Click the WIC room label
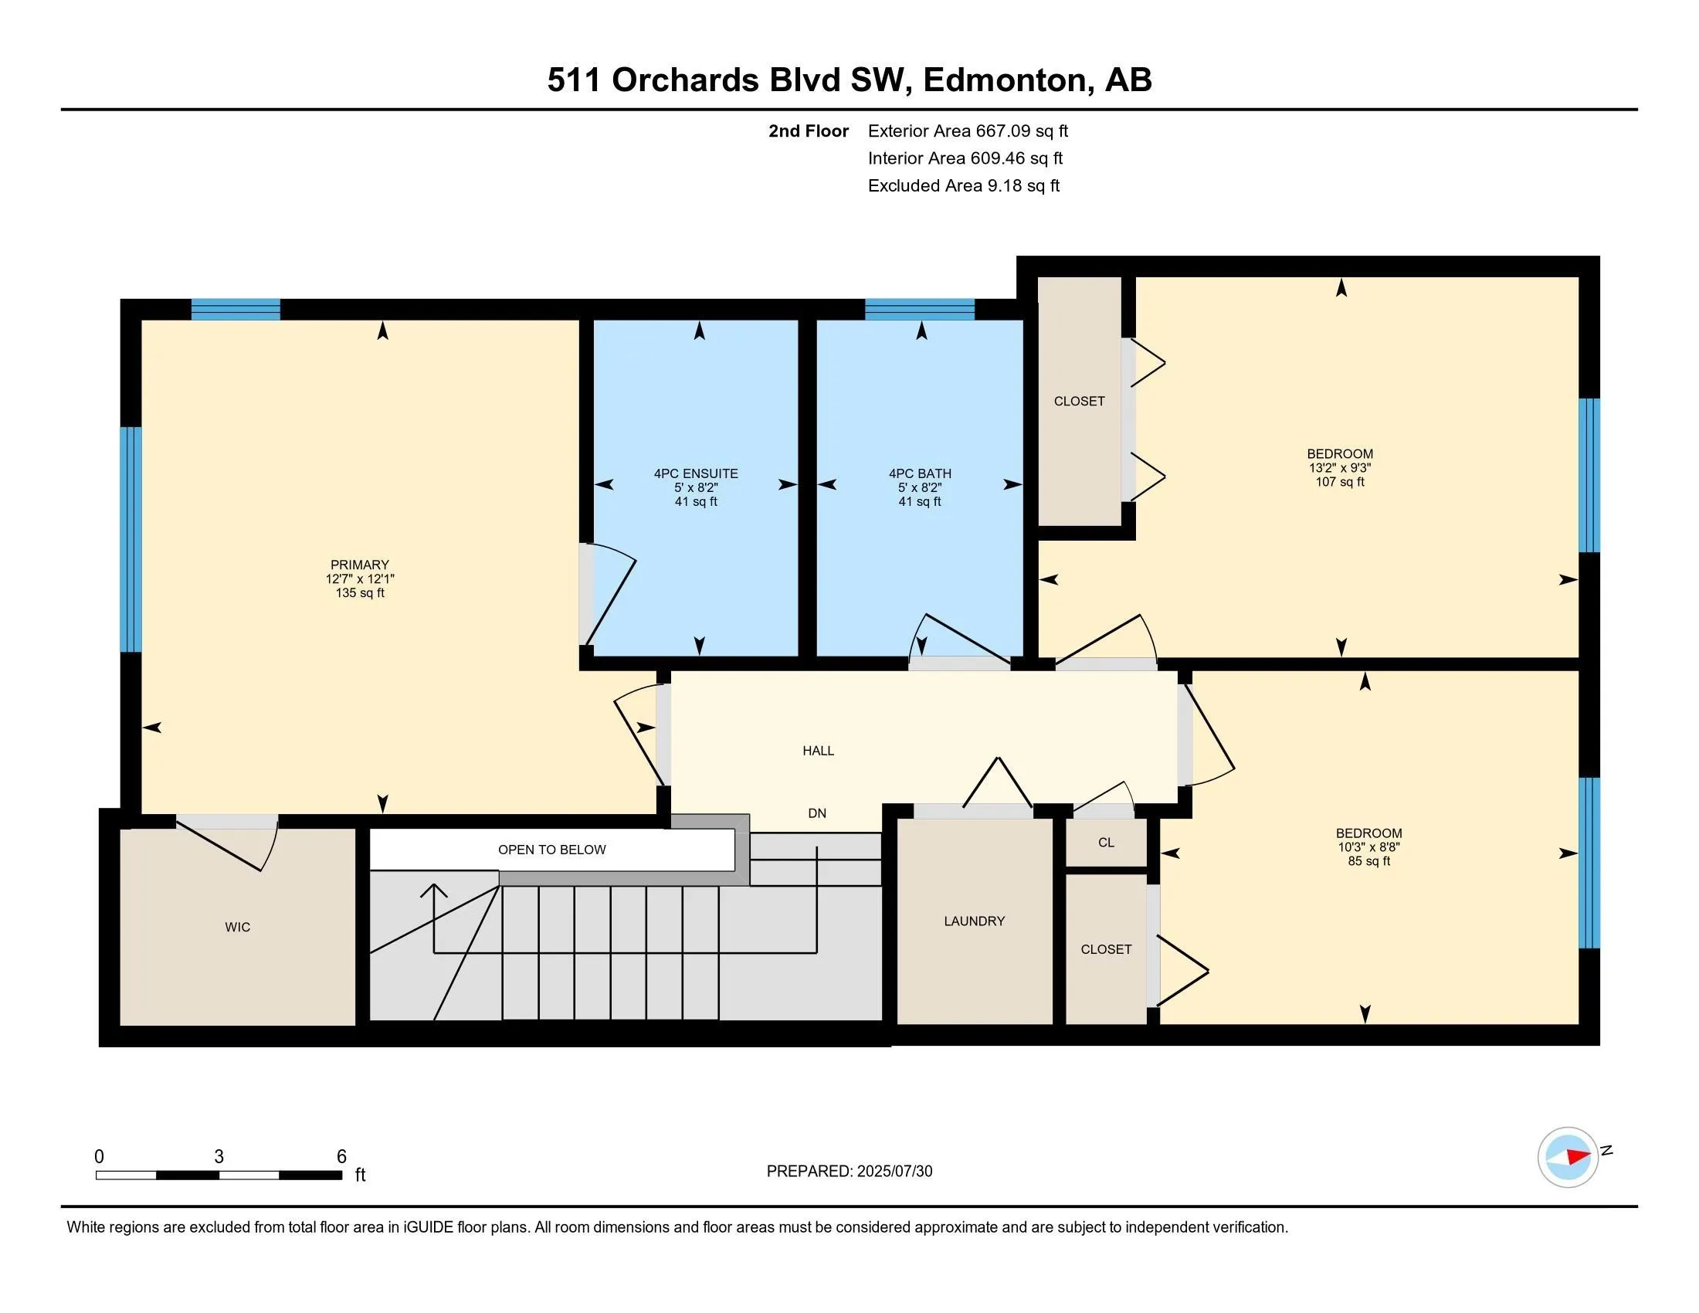[x=237, y=927]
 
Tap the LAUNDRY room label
[x=974, y=921]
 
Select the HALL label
[x=819, y=751]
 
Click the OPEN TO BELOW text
[x=551, y=850]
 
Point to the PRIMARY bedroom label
[x=359, y=565]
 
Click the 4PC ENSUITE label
[x=696, y=473]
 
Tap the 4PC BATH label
[x=920, y=473]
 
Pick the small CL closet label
[x=1106, y=843]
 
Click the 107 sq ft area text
[x=1340, y=481]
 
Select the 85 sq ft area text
[x=1368, y=861]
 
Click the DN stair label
[x=817, y=813]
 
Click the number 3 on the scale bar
[x=219, y=1157]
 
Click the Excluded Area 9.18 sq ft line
[x=964, y=186]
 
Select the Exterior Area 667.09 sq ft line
[x=968, y=131]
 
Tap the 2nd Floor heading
[x=809, y=131]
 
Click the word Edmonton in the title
[x=1004, y=80]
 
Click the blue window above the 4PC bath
[x=920, y=310]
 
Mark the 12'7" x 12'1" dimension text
[x=359, y=578]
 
